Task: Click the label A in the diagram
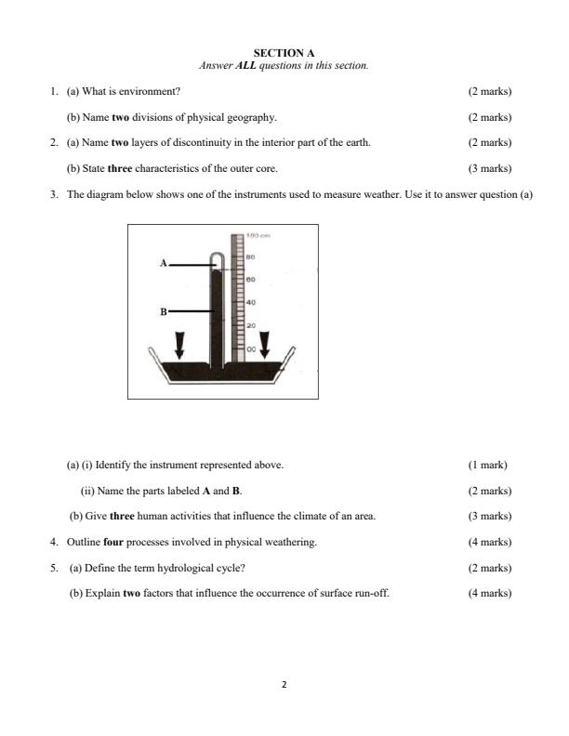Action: pyautogui.click(x=164, y=264)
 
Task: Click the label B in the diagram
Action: pyautogui.click(x=164, y=311)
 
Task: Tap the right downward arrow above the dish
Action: pyautogui.click(x=265, y=344)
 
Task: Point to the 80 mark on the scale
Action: pyautogui.click(x=249, y=256)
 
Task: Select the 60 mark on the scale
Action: pyautogui.click(x=249, y=279)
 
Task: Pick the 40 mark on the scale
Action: pyautogui.click(x=249, y=302)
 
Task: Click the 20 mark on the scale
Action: pyautogui.click(x=249, y=326)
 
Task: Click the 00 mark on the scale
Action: pyautogui.click(x=249, y=348)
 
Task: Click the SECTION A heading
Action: pyautogui.click(x=284, y=54)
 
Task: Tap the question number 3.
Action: pyautogui.click(x=54, y=195)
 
